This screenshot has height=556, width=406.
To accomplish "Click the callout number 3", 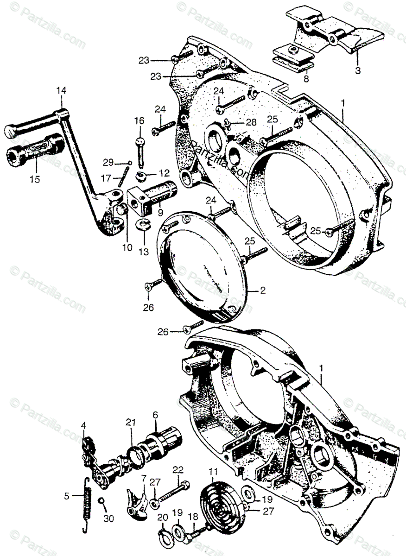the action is point(357,71).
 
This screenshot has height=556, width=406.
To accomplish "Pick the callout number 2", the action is point(262,291).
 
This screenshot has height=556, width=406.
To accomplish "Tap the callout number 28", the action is point(251,122).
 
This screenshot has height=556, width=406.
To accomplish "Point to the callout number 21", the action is point(131,422).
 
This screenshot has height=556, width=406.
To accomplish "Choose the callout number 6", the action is point(155,415).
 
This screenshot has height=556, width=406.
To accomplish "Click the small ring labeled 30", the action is point(101,501).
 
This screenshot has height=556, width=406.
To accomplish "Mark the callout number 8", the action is point(306,79).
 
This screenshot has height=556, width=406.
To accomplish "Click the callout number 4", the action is point(83,425).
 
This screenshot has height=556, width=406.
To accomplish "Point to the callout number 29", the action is point(108,162).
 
